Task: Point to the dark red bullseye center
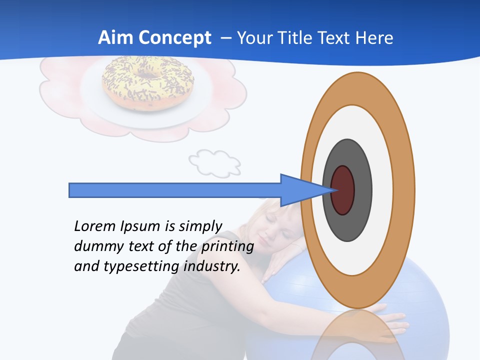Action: (343, 190)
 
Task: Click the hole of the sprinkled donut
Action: (146, 75)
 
